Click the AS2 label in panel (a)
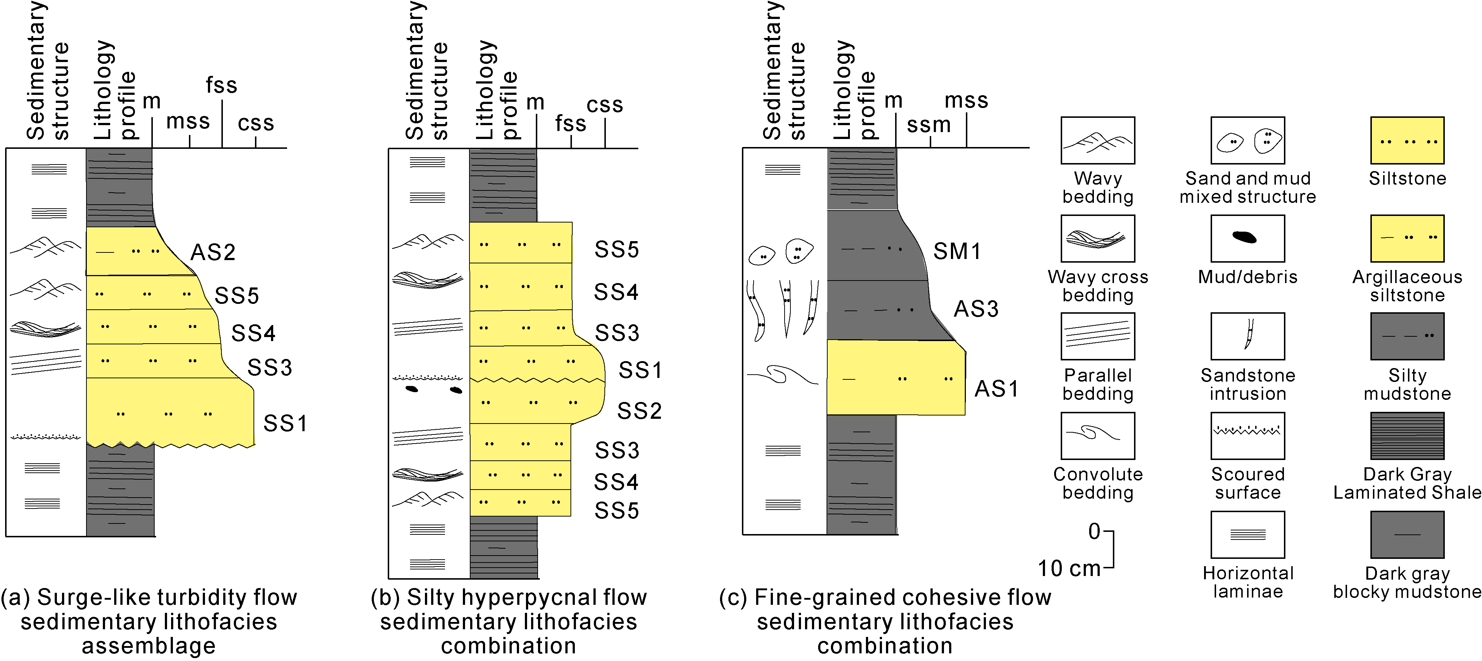coord(213,252)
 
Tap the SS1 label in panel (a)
coord(285,424)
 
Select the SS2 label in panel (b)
coord(639,411)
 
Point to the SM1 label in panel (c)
coord(957,251)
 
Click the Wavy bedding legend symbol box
coord(1098,140)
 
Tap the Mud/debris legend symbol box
coord(1248,239)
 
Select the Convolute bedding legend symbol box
coord(1098,436)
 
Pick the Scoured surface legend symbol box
coord(1248,436)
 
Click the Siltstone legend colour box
coord(1407,140)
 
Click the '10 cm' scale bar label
coord(1069,568)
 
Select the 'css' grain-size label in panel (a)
coord(256,123)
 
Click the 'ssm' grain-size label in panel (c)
coord(929,125)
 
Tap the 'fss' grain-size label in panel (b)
coord(571,123)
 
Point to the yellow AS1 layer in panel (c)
coord(896,378)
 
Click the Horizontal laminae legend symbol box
coord(1248,534)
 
